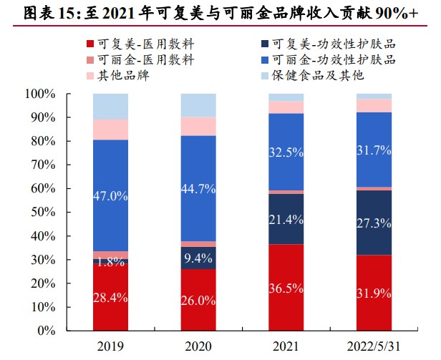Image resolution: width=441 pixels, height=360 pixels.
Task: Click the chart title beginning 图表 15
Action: tap(220, 12)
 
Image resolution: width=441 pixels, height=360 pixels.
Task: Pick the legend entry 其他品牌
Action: tap(129, 75)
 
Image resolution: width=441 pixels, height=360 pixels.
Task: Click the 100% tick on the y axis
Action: tap(40, 94)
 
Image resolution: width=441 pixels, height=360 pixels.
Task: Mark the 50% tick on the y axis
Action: tap(43, 213)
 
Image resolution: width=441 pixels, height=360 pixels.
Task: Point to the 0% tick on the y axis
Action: tap(46, 331)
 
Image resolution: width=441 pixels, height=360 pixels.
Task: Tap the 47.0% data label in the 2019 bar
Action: tap(110, 195)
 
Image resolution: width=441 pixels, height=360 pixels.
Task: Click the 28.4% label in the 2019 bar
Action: tap(110, 297)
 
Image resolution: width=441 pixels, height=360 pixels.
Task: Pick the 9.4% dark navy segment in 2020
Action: tap(198, 258)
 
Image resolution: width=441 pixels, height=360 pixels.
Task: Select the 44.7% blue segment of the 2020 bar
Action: tap(198, 188)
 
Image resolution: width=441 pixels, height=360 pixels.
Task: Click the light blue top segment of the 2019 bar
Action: tap(110, 106)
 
